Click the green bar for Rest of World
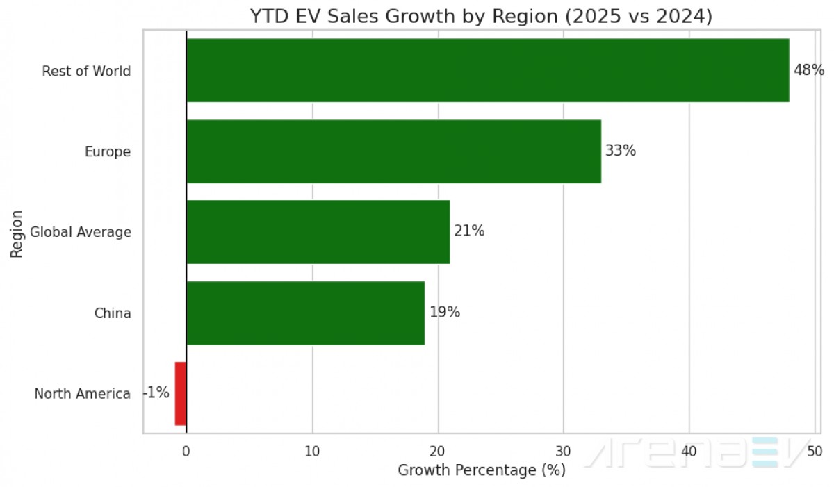(x=487, y=70)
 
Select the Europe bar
(x=393, y=151)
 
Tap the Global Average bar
(x=318, y=232)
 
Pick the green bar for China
(x=305, y=313)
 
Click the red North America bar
(x=180, y=393)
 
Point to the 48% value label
(x=808, y=70)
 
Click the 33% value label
(x=620, y=151)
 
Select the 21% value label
(x=469, y=231)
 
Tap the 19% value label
(x=444, y=313)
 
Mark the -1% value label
(x=156, y=393)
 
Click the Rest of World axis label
(x=86, y=71)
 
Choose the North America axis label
(x=82, y=394)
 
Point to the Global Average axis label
(x=81, y=232)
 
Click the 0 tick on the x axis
(x=186, y=450)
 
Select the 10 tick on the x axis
(x=312, y=450)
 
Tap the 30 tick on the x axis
(x=563, y=450)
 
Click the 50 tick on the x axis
(x=815, y=450)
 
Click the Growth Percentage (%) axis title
(x=482, y=470)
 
